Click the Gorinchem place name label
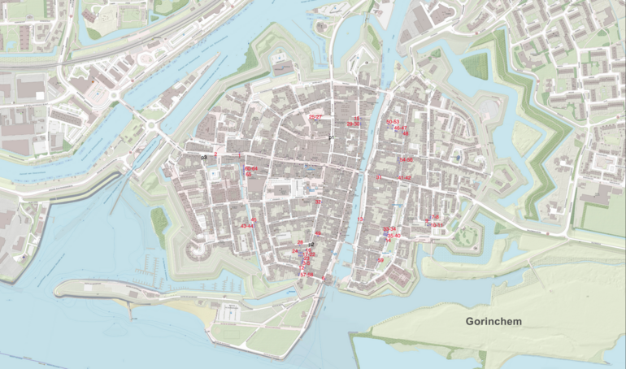(x=493, y=321)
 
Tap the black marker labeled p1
(x=331, y=138)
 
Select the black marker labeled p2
(x=311, y=244)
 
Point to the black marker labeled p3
(x=205, y=156)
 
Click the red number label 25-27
(x=315, y=117)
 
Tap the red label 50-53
(x=393, y=121)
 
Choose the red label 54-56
(x=406, y=160)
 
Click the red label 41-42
(x=404, y=177)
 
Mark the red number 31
(x=379, y=176)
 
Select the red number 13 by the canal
(x=360, y=219)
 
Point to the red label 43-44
(x=247, y=226)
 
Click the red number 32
(x=319, y=202)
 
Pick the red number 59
(x=380, y=260)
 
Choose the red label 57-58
(x=306, y=275)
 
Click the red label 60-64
(x=251, y=168)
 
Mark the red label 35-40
(x=393, y=236)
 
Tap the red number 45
(x=254, y=219)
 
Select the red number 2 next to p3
(x=215, y=152)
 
